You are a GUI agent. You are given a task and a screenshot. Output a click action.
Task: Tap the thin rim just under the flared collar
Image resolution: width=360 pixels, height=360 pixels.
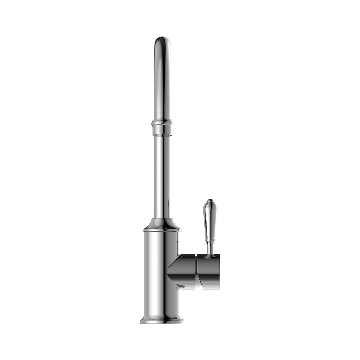[163, 230]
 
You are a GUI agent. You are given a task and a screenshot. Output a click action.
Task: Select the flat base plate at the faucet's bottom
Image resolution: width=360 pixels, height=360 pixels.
[163, 322]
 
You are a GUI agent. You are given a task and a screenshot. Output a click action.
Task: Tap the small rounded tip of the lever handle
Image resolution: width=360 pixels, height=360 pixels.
[208, 201]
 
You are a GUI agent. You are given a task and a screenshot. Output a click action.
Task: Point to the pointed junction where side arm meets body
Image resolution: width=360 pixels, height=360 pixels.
[177, 287]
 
